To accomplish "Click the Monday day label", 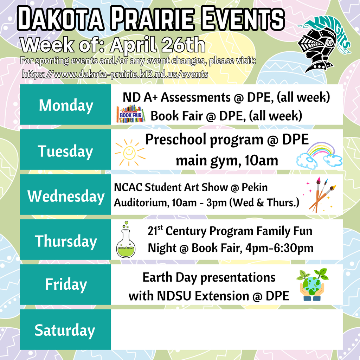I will (66, 105).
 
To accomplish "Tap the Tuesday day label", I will (66, 151).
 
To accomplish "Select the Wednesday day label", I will (66, 196).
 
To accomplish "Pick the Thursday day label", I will (66, 241).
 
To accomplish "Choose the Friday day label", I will (66, 284).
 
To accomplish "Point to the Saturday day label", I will (65, 330).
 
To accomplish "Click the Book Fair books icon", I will (130, 114).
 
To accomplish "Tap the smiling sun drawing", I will (129, 152).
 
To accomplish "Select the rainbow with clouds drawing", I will (319, 154).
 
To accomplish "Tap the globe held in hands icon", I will (312, 285).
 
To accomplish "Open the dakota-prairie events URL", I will (115, 75).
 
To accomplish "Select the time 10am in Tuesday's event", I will (262, 161).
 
